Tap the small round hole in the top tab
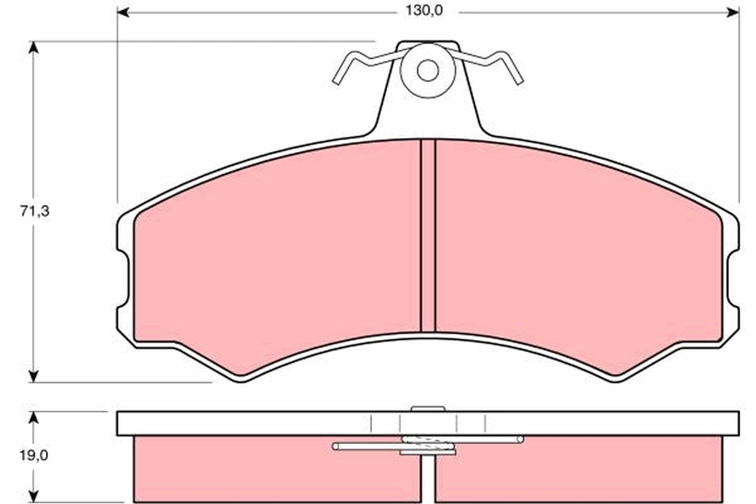click(428, 71)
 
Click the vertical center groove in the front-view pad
click(428, 236)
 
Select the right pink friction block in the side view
click(580, 469)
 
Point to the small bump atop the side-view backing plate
click(428, 408)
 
